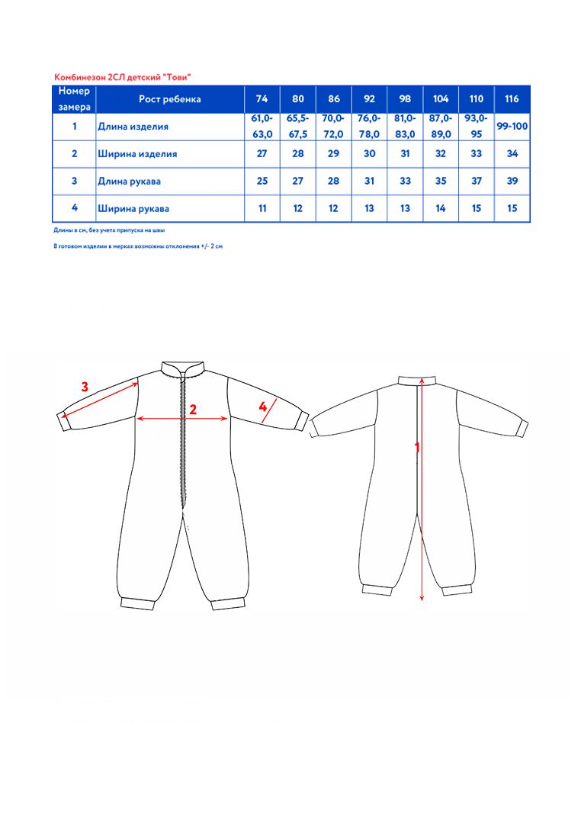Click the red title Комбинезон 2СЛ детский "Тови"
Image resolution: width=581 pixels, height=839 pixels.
(x=122, y=77)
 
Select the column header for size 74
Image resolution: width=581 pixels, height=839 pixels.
(x=262, y=99)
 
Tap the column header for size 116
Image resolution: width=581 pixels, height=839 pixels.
(x=512, y=99)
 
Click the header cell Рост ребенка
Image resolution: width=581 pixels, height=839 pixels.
(x=170, y=99)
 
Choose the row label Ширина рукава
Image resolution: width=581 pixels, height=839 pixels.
(x=133, y=208)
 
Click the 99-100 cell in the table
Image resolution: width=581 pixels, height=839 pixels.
(x=512, y=127)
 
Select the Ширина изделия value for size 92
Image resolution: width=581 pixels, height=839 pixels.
(x=370, y=154)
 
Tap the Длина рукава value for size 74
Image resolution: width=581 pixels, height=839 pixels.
(x=262, y=182)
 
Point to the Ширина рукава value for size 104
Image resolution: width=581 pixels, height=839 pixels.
(x=441, y=208)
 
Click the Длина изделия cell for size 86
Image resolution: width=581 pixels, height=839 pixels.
(x=333, y=127)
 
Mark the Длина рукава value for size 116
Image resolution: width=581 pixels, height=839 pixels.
(x=512, y=182)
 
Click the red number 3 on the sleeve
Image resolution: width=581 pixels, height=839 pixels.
(x=85, y=387)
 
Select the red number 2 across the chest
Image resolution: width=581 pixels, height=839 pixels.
(x=193, y=410)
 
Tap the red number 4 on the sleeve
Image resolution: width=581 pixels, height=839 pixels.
(x=262, y=407)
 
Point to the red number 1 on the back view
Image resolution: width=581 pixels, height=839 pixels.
(x=416, y=448)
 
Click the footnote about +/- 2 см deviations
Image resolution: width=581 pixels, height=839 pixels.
(x=137, y=247)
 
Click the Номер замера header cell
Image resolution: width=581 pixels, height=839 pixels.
(x=75, y=99)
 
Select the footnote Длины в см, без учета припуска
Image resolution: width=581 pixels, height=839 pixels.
(x=109, y=230)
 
